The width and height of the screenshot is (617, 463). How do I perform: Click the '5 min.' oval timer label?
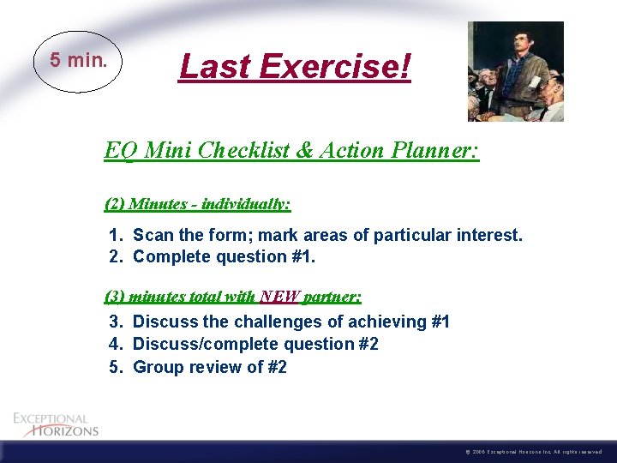(78, 60)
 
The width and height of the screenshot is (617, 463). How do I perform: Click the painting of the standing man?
(515, 71)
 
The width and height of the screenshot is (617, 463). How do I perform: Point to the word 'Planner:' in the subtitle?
(437, 151)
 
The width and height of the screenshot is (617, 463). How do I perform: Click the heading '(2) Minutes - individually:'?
(197, 204)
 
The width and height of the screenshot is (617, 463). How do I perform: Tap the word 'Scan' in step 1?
(153, 235)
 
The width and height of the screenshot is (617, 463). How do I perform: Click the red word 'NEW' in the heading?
(279, 297)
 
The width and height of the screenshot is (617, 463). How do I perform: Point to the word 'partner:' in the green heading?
(332, 297)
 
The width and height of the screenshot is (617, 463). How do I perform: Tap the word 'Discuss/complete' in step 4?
(199, 345)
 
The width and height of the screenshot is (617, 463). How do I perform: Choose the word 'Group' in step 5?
(157, 368)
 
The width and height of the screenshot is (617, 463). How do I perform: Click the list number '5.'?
(117, 368)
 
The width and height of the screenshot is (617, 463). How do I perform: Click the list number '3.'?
(117, 322)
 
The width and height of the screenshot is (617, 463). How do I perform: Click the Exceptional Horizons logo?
(56, 424)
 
